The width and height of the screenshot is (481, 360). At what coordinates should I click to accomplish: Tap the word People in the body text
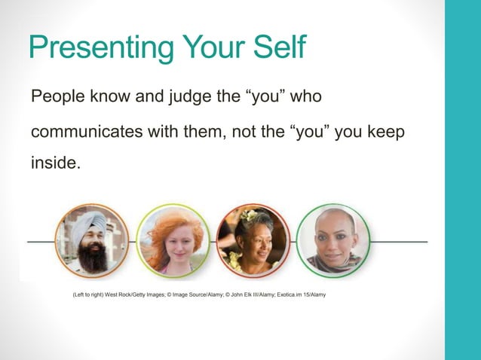coord(54,98)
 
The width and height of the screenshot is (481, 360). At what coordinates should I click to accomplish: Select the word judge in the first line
coord(174,98)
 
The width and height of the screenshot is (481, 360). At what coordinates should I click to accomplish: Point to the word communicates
coord(87,131)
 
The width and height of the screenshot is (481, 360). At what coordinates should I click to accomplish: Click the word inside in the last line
coord(53,163)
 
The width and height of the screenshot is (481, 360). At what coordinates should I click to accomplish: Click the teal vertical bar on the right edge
coord(462,180)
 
